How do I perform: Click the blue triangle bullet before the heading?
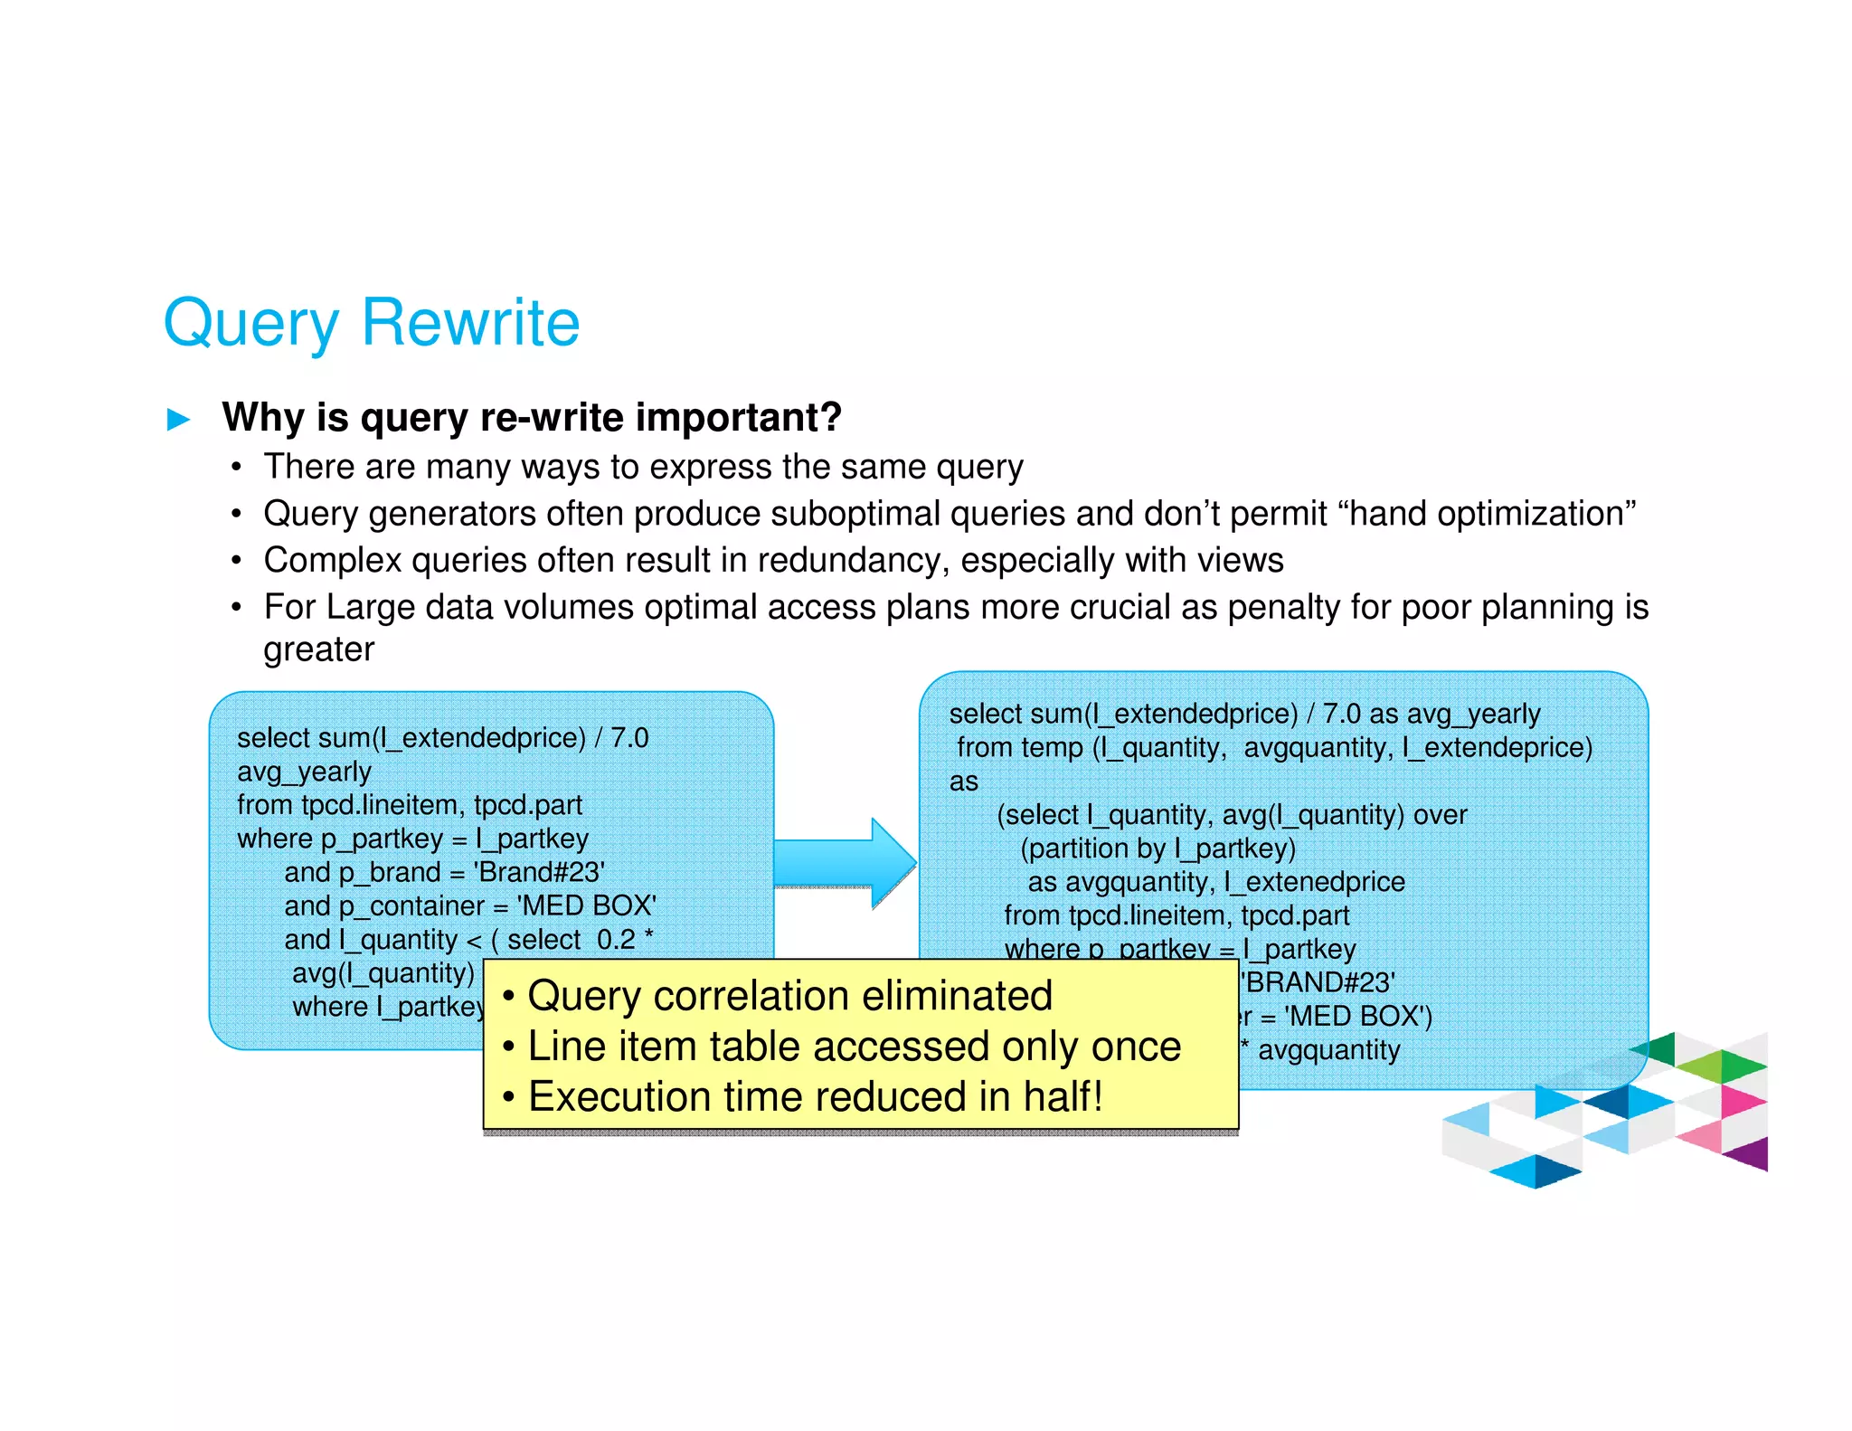coord(179,420)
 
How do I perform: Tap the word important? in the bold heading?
coord(738,418)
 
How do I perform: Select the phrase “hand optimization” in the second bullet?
coord(1487,514)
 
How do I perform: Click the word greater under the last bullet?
coord(318,649)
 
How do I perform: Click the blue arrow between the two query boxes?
coord(846,864)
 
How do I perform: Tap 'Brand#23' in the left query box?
coord(539,873)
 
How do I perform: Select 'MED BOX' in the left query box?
coord(586,906)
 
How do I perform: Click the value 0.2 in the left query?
coord(616,940)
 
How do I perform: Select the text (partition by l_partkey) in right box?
coord(1157,848)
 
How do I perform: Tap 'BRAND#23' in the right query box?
coord(1318,982)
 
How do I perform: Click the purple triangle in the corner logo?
coord(1751,1155)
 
